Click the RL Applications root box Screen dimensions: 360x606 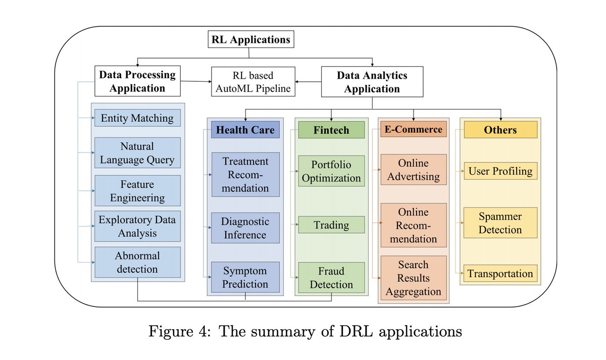tap(250, 40)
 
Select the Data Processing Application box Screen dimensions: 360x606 tap(137, 81)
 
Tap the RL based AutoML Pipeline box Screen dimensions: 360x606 tap(254, 82)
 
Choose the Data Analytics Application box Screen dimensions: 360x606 tap(372, 82)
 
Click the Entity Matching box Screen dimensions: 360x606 tap(137, 118)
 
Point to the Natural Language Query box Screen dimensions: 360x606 tap(137, 153)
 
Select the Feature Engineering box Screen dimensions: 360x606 tap(137, 191)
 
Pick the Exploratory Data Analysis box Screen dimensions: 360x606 tap(137, 226)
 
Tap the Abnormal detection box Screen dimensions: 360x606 tap(137, 262)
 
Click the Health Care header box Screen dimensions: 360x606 tap(245, 130)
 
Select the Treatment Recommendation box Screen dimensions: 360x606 tap(245, 175)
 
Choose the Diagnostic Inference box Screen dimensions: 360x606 tap(245, 228)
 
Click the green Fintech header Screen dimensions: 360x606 tap(331, 130)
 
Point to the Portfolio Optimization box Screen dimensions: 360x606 tap(331, 172)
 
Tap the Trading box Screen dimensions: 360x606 tap(331, 225)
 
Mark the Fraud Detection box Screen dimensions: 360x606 tap(331, 277)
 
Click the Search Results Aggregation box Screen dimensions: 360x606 tap(413, 278)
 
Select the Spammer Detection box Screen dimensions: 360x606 tap(500, 223)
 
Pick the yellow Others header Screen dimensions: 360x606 tap(500, 130)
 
